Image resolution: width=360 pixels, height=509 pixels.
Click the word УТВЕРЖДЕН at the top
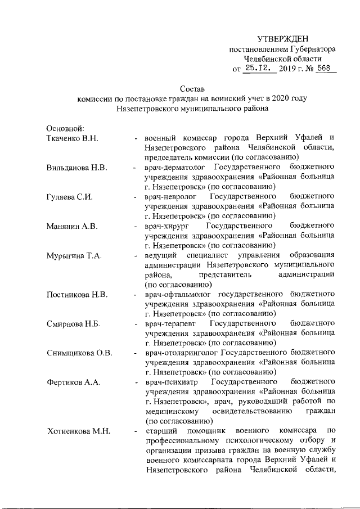[283, 39]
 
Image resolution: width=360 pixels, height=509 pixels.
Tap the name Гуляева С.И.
[69, 197]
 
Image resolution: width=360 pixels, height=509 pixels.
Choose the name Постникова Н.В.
[76, 295]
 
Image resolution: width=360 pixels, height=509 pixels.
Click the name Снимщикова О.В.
[79, 353]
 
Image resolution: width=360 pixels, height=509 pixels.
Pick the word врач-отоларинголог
[182, 353]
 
